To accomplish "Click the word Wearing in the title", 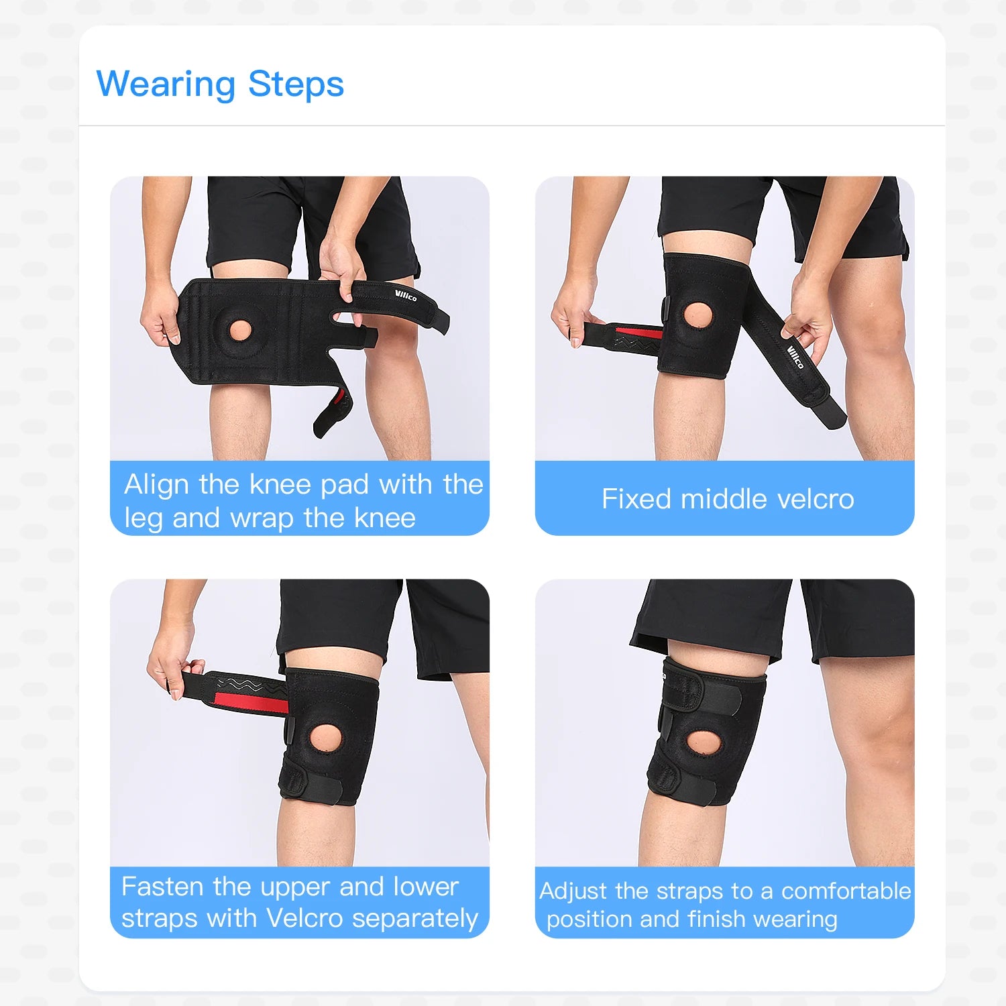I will click(x=165, y=85).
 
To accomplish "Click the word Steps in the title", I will click(x=296, y=85).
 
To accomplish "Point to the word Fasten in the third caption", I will click(x=162, y=887).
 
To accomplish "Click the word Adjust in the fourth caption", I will click(x=573, y=891).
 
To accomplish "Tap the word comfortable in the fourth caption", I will click(x=846, y=891).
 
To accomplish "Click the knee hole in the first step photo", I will click(x=240, y=329).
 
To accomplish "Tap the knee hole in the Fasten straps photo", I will click(x=326, y=736).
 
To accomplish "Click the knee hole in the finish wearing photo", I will click(x=702, y=742).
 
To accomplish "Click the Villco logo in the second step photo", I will click(x=795, y=357).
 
